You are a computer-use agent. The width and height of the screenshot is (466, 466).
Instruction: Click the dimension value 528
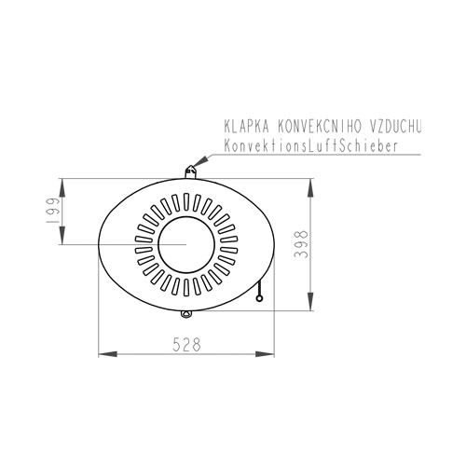(x=187, y=344)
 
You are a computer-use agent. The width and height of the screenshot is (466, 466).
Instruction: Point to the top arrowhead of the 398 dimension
(x=309, y=181)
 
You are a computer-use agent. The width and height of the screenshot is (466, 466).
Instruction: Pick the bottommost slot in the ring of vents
(x=185, y=285)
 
